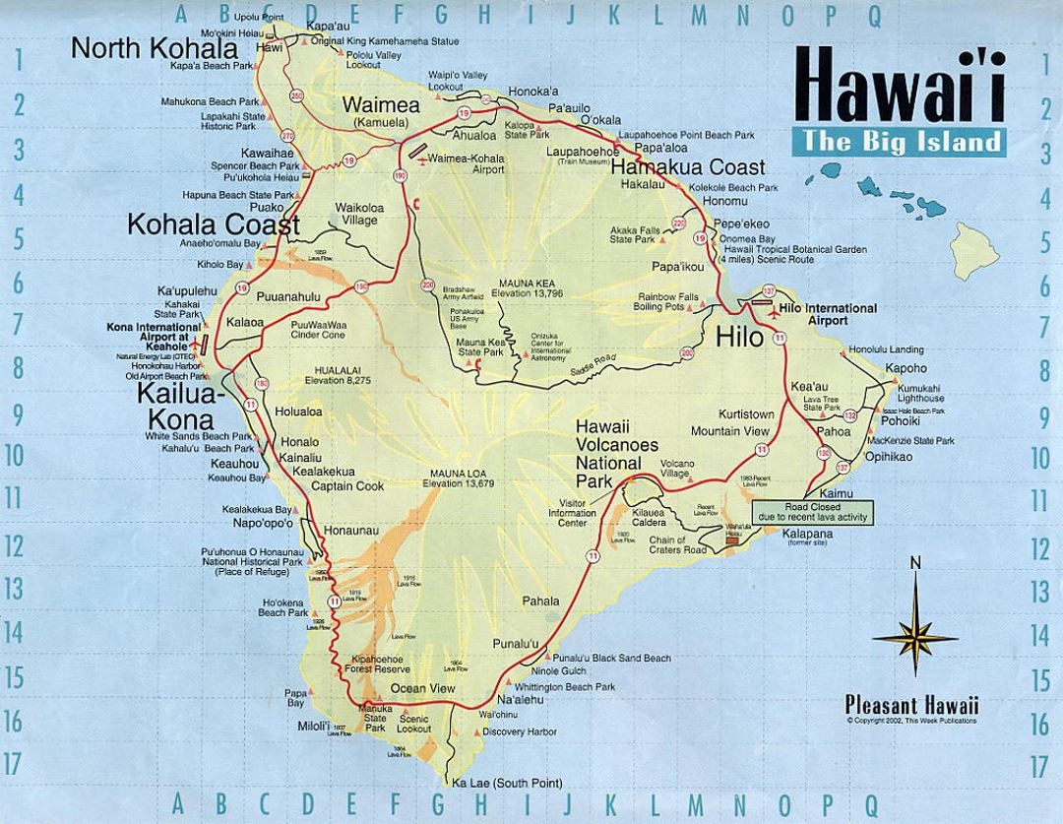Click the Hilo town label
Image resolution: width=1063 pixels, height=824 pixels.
coord(739,338)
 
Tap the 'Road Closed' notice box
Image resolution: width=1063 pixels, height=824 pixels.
coord(811,509)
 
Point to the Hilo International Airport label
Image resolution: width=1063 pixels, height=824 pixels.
coord(826,314)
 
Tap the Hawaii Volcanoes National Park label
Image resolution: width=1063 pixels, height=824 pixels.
coord(616,446)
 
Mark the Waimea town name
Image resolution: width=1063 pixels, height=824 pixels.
coord(380,105)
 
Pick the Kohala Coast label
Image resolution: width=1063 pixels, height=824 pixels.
coord(213,225)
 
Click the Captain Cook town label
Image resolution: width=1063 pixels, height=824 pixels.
coord(347,486)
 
